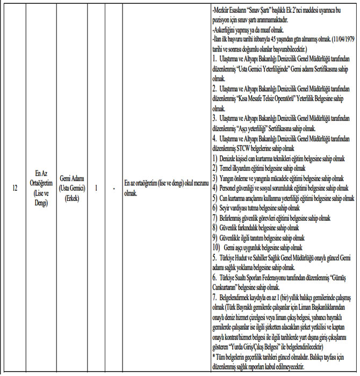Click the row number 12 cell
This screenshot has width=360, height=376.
point(14,189)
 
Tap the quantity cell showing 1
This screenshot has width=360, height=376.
point(96,189)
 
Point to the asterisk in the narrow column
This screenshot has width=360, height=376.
point(113,189)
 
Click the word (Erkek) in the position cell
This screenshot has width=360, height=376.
point(73,198)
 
